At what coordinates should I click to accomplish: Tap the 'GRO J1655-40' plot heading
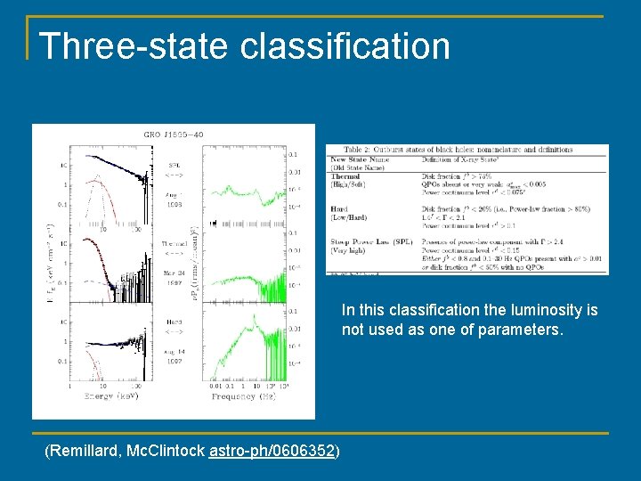click(x=174, y=135)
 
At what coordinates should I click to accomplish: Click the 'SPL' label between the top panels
click(x=174, y=166)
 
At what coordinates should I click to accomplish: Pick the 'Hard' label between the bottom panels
click(x=174, y=321)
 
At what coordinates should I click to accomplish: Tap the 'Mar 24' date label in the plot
click(x=174, y=273)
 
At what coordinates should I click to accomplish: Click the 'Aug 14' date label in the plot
click(x=174, y=352)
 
